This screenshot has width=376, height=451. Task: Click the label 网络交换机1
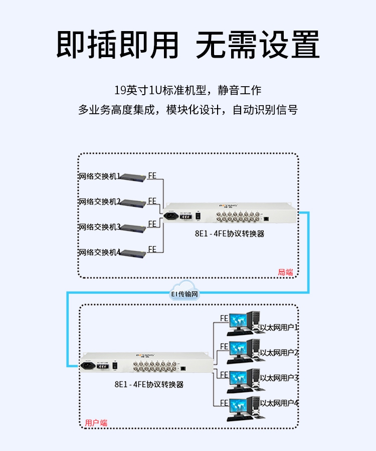pos(99,176)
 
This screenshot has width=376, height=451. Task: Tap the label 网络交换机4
pos(99,252)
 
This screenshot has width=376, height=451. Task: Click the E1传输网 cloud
pos(184,294)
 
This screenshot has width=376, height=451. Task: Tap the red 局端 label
pos(285,273)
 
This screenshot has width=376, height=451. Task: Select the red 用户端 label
pos(96,423)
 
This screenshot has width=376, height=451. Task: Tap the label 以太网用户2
pos(279,353)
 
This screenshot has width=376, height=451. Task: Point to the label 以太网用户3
pos(279,378)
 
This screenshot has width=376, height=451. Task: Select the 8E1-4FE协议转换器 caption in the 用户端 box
pos(149,385)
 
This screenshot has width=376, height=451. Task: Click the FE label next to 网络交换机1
pos(152,176)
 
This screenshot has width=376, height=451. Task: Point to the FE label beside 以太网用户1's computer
pos(224,318)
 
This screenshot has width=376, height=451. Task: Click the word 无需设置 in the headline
pos(257,46)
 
